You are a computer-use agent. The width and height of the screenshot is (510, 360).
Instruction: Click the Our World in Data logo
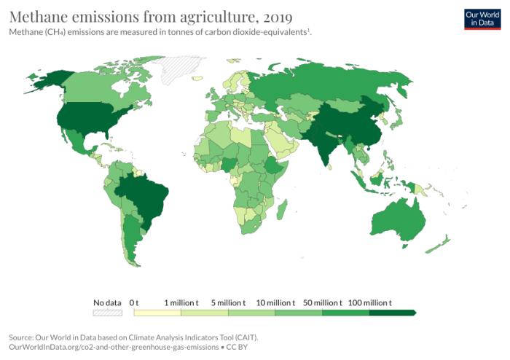(x=482, y=18)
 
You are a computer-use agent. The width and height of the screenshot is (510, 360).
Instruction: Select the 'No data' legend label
(x=107, y=302)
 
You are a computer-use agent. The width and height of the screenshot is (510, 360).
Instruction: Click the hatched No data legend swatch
(x=107, y=313)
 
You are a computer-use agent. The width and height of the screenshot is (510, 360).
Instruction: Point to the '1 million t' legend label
(x=181, y=302)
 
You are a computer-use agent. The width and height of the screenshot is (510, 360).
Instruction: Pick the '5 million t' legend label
(x=228, y=302)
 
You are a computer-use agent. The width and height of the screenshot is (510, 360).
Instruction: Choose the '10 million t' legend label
(x=276, y=302)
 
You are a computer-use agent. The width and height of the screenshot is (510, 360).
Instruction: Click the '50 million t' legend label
(x=323, y=302)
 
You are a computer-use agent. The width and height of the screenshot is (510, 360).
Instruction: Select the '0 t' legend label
(x=134, y=302)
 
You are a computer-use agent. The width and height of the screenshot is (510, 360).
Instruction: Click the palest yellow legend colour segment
(x=157, y=313)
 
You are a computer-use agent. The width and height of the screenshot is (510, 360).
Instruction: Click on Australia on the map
(x=398, y=218)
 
